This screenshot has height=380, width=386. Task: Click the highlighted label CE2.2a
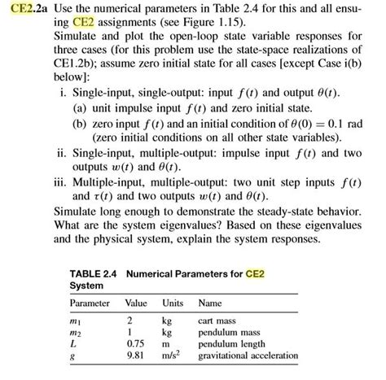click(x=24, y=10)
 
